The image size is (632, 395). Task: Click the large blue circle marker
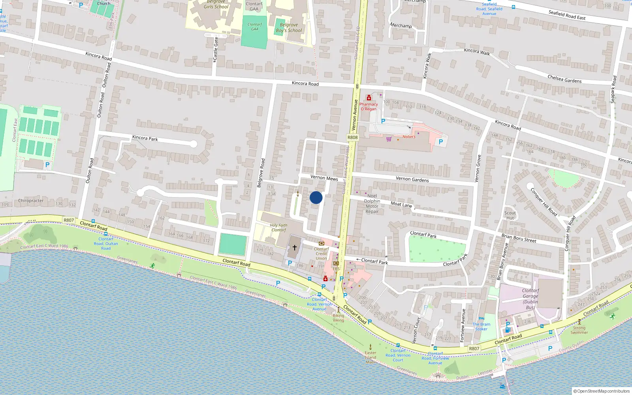click(x=316, y=197)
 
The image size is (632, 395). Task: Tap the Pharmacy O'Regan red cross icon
click(x=369, y=98)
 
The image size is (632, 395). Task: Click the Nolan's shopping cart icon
click(x=389, y=139)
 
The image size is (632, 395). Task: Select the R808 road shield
click(x=352, y=137)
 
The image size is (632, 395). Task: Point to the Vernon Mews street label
click(x=324, y=178)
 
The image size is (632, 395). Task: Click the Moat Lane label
click(x=401, y=204)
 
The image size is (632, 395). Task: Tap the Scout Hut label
click(x=510, y=215)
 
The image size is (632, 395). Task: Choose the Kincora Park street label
click(x=145, y=138)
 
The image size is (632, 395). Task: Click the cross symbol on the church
click(x=294, y=248)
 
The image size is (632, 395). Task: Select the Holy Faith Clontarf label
click(x=278, y=228)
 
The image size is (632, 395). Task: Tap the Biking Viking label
click(x=338, y=318)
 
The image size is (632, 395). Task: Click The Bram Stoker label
click(x=481, y=326)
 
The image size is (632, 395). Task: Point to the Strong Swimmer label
click(x=579, y=330)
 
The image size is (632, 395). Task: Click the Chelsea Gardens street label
click(x=564, y=79)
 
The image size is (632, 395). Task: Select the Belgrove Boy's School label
click(x=289, y=27)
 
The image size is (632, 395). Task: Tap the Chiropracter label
click(x=31, y=201)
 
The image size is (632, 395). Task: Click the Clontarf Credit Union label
click(x=321, y=254)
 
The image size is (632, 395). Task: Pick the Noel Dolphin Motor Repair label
click(x=372, y=203)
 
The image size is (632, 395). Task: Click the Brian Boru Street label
click(x=519, y=238)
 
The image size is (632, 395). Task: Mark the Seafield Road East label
click(x=567, y=15)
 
